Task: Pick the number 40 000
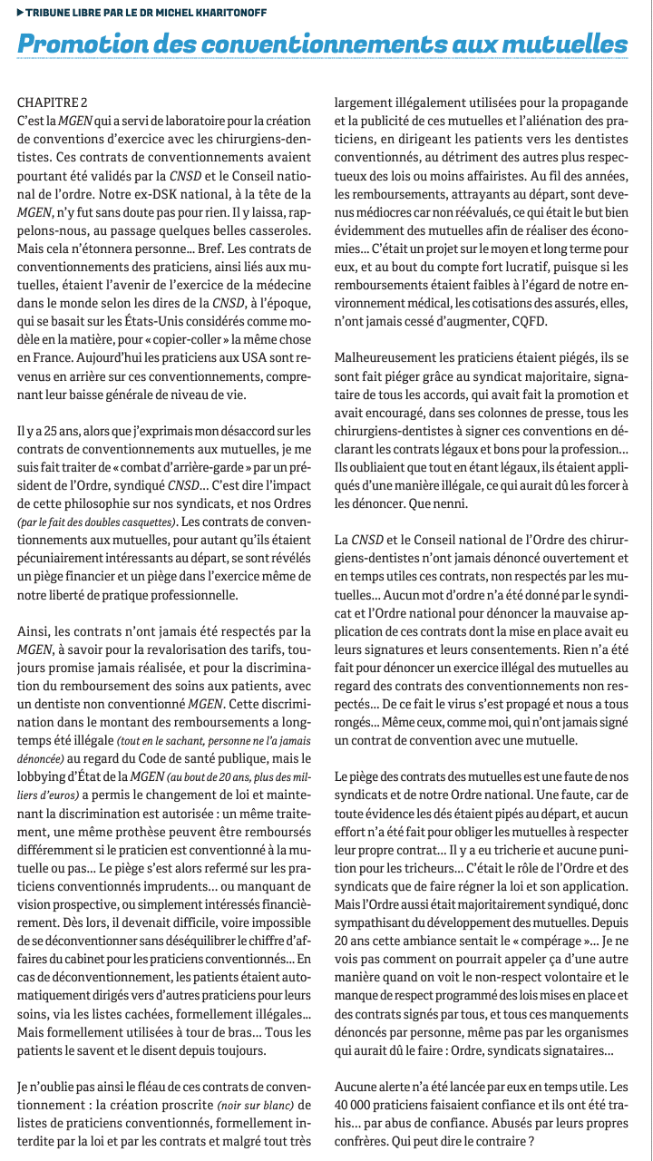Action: pyautogui.click(x=356, y=1105)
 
